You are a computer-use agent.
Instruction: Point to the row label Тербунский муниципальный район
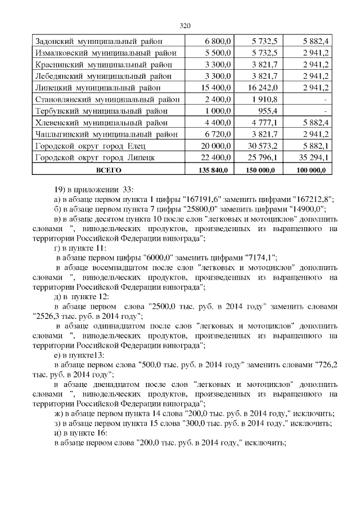(105, 111)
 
